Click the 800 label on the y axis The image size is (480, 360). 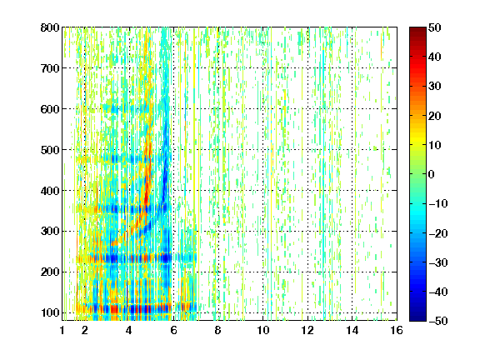(50, 27)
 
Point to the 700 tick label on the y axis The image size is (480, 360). (50, 68)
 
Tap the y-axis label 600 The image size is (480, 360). (50, 109)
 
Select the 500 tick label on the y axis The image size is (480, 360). (50, 150)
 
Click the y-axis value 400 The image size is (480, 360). (50, 191)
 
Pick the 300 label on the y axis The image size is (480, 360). (50, 231)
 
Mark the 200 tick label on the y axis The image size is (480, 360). (50, 272)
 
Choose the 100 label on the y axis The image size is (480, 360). (50, 312)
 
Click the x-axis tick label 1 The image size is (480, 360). (62, 330)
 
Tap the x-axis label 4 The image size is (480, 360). (129, 330)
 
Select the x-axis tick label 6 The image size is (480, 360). (173, 330)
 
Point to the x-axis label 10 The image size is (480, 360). (263, 330)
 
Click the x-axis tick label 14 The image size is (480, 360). (352, 330)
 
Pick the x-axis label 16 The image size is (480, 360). (397, 330)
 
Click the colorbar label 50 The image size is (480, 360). (435, 27)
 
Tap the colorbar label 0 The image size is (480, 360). (432, 174)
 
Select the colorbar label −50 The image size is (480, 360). (438, 321)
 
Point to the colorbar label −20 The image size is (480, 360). (438, 233)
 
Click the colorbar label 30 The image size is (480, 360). (435, 86)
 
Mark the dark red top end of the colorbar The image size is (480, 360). (417, 29)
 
